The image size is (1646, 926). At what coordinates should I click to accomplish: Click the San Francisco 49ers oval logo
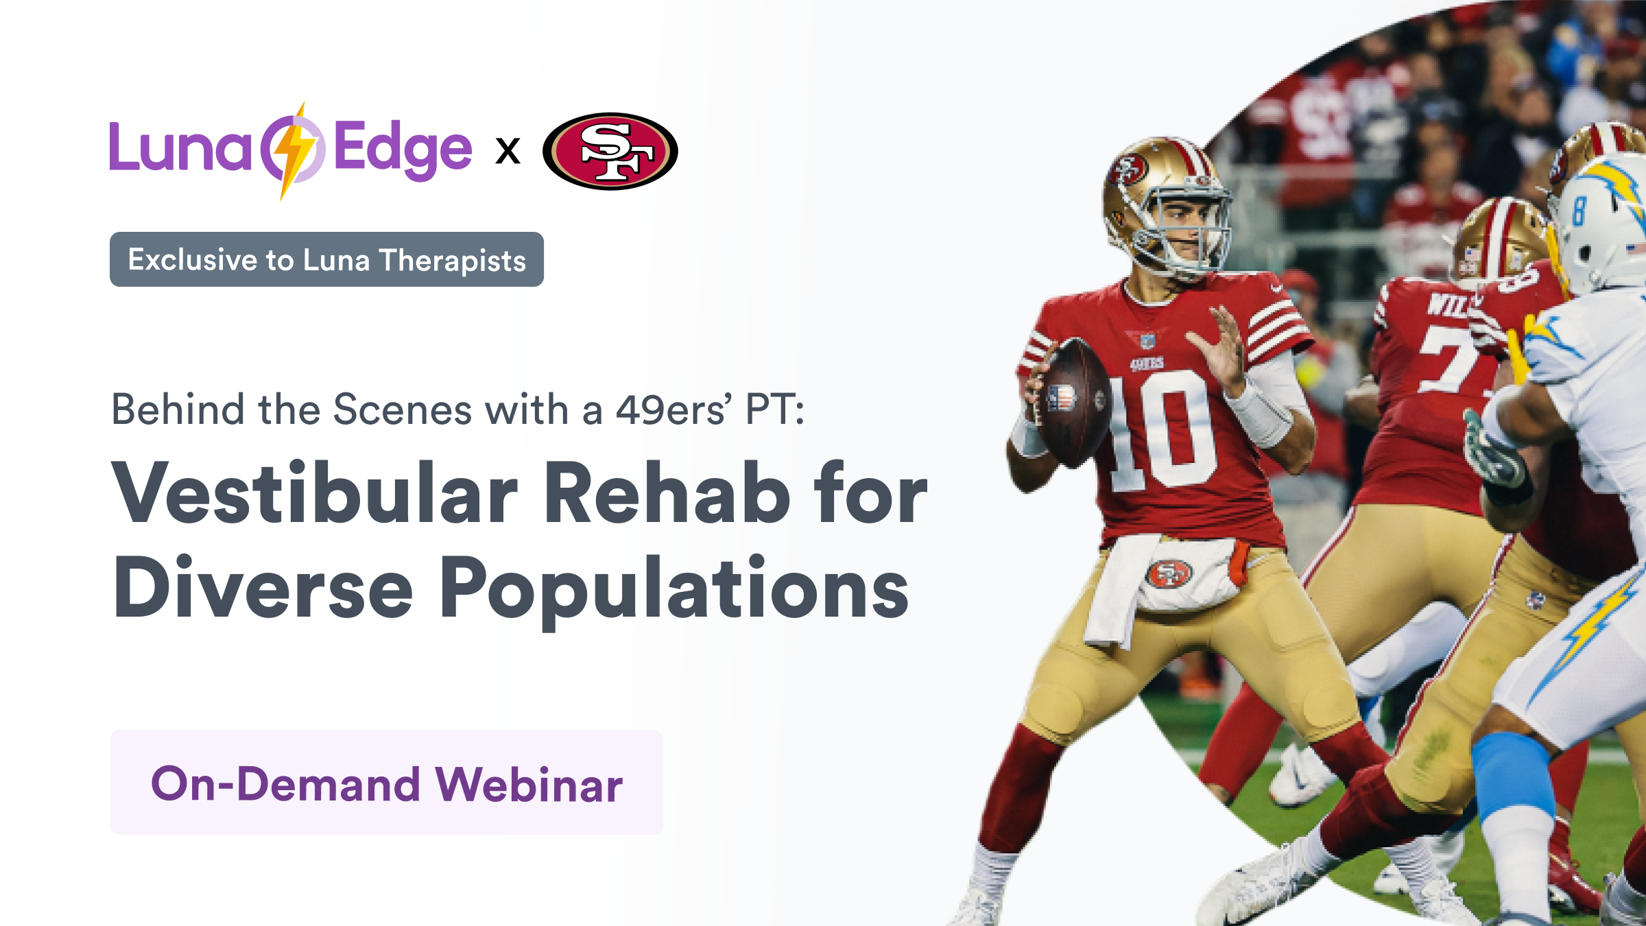pyautogui.click(x=610, y=151)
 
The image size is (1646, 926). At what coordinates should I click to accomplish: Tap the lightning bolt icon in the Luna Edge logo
pyautogui.click(x=293, y=151)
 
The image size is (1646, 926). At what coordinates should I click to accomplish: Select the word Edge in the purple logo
pyautogui.click(x=403, y=149)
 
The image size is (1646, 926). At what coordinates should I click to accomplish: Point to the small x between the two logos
pyautogui.click(x=508, y=151)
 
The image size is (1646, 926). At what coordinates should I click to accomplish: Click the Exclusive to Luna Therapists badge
pyautogui.click(x=326, y=259)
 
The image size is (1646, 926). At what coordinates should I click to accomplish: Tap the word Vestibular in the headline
pyautogui.click(x=315, y=492)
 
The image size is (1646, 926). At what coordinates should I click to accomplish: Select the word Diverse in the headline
pyautogui.click(x=263, y=587)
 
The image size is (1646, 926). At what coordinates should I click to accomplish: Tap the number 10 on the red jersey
pyautogui.click(x=1161, y=431)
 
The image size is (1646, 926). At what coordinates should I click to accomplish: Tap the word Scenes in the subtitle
pyautogui.click(x=403, y=409)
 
